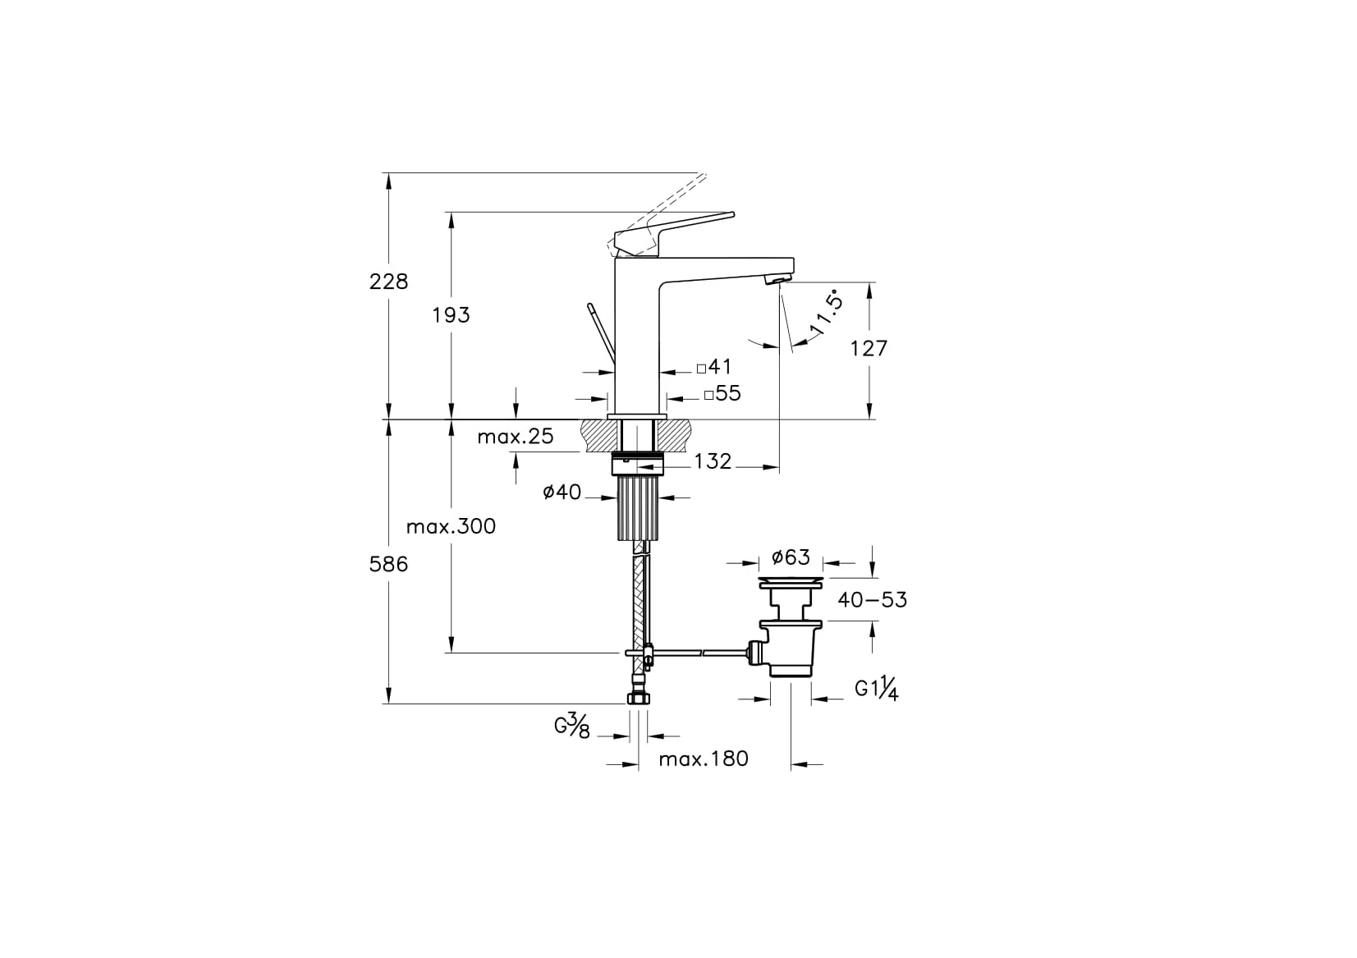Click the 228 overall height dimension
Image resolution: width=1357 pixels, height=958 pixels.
click(x=388, y=282)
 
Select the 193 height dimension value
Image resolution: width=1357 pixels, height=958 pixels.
click(x=452, y=314)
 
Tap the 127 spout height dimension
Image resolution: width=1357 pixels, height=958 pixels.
click(x=869, y=348)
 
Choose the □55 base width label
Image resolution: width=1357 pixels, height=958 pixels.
click(x=722, y=394)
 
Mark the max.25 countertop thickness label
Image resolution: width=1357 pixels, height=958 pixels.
click(x=516, y=436)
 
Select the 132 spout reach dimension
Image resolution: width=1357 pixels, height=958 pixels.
click(x=713, y=461)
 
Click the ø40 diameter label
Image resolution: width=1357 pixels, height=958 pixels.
click(x=562, y=493)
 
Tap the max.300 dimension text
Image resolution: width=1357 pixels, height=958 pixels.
click(x=452, y=526)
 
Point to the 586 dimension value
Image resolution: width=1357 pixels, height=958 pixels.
click(x=388, y=565)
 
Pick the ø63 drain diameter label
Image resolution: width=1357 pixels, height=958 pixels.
click(x=791, y=558)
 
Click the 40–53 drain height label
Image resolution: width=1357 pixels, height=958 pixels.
click(x=872, y=600)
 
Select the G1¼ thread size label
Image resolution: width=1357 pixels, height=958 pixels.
click(x=876, y=690)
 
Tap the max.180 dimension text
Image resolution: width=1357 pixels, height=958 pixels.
click(x=704, y=759)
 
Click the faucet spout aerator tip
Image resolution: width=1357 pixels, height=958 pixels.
click(x=774, y=281)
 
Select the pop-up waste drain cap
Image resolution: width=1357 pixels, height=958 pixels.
click(x=790, y=583)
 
